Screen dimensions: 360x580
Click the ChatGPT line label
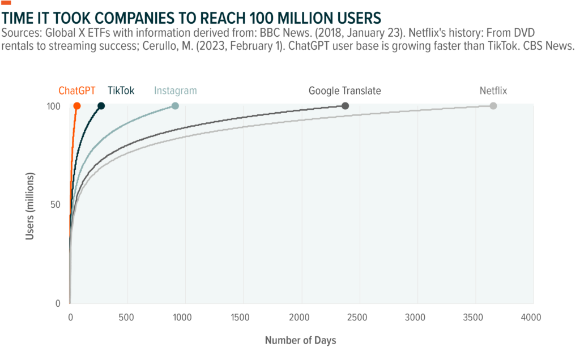(x=76, y=91)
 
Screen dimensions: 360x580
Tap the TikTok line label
(x=121, y=91)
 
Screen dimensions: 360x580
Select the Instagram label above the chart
(x=176, y=91)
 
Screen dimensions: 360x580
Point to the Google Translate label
(x=344, y=91)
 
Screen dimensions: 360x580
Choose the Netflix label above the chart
(x=493, y=91)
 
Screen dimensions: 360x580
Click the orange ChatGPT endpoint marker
(x=77, y=106)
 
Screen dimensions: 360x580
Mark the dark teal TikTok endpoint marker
(x=101, y=106)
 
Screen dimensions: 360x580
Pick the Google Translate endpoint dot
(x=346, y=106)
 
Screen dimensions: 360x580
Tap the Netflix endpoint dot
(x=493, y=106)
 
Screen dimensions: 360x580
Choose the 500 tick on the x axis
(x=127, y=317)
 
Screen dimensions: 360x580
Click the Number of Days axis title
(x=300, y=340)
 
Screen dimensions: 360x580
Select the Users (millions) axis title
(x=31, y=205)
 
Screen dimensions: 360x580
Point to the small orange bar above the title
(x=6, y=3)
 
